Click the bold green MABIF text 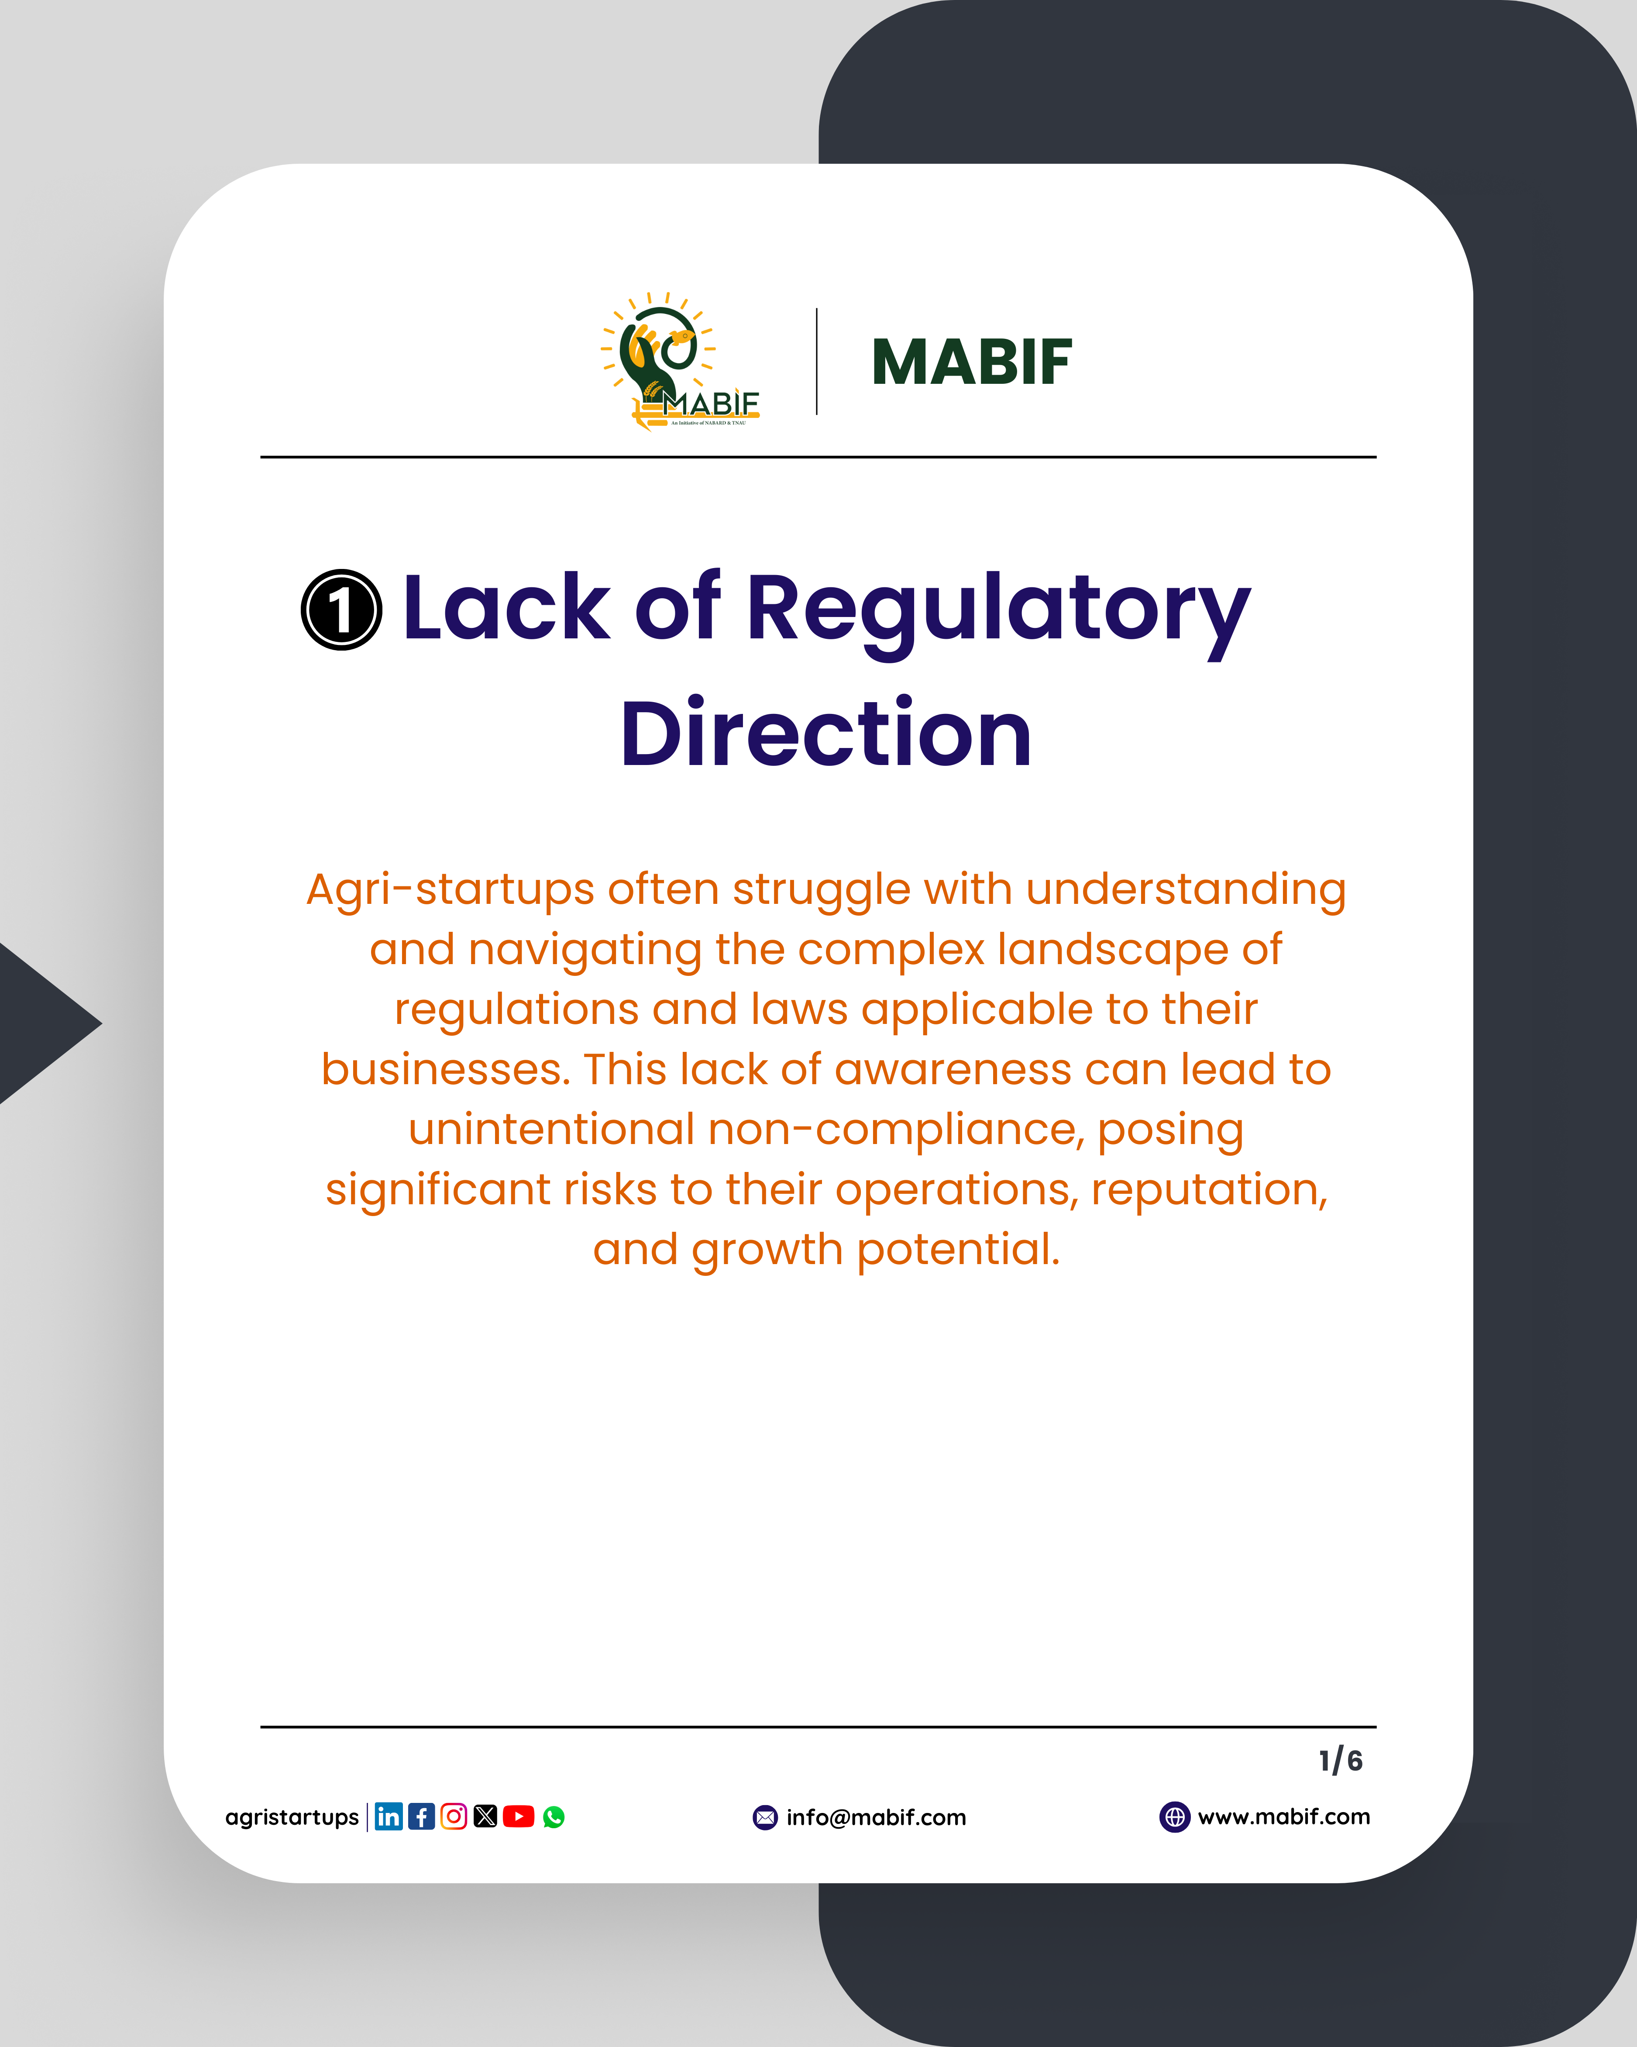click(972, 363)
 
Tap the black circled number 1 click(342, 610)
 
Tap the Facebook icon click(421, 1816)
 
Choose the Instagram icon click(454, 1816)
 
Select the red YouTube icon click(518, 1816)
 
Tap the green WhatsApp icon click(554, 1817)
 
